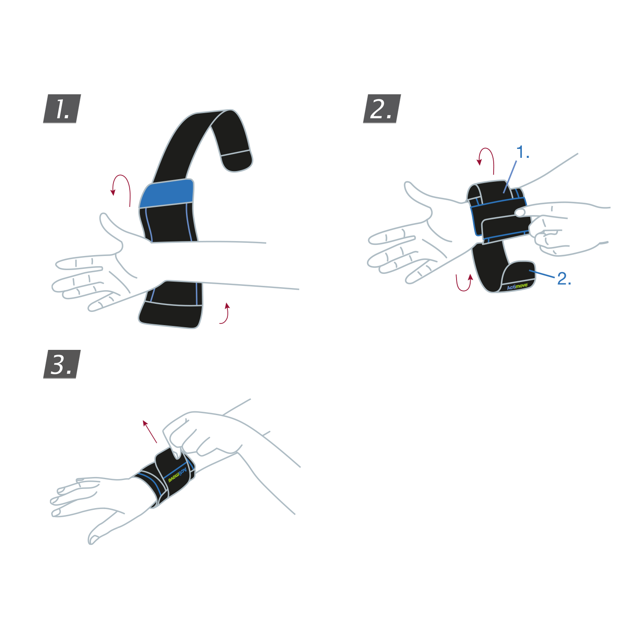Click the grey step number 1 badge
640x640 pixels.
click(62, 109)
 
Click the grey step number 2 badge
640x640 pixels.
click(382, 109)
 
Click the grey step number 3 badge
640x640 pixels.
click(62, 364)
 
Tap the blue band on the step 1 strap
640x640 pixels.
click(166, 193)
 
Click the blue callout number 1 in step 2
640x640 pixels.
click(523, 152)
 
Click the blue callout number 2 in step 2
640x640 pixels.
click(564, 279)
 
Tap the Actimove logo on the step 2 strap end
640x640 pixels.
click(517, 286)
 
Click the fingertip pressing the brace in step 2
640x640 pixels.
click(520, 212)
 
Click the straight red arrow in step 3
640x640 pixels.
click(150, 431)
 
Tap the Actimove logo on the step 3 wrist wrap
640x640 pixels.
click(177, 474)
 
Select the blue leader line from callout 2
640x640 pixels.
click(542, 274)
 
